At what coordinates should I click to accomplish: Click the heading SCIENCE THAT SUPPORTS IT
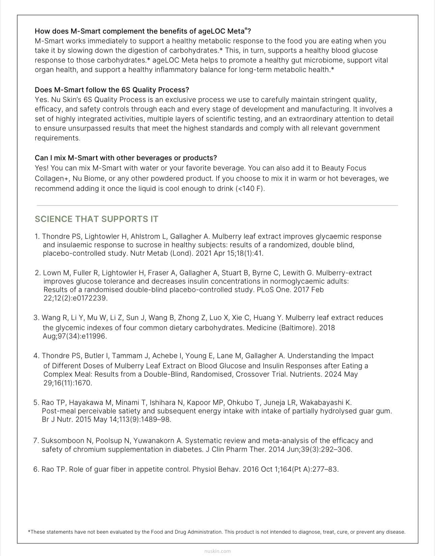click(96, 219)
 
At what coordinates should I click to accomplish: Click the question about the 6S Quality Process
click(112, 90)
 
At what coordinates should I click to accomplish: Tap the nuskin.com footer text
click(217, 551)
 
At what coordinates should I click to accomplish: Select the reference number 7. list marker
click(36, 441)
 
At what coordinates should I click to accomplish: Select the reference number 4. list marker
click(37, 356)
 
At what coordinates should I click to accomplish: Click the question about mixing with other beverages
click(125, 158)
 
